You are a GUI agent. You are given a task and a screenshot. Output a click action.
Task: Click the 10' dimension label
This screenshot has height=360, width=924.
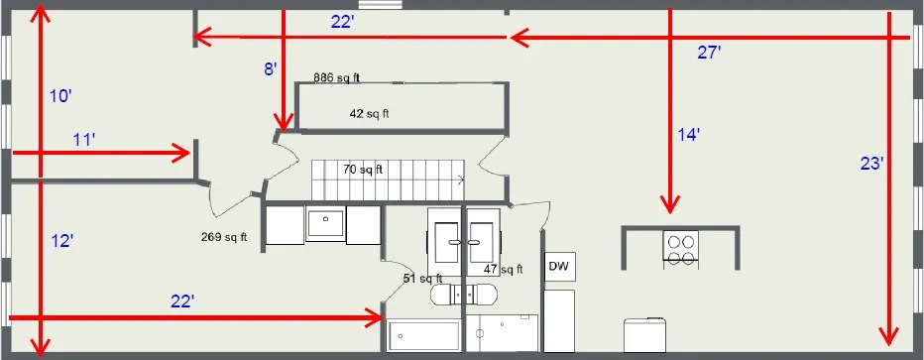point(60,96)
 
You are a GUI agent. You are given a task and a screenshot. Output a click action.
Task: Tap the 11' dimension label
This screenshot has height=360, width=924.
point(84,141)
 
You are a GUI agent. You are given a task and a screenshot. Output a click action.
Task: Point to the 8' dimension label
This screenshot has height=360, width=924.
point(269,68)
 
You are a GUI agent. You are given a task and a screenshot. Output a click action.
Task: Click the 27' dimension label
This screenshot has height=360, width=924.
point(708,53)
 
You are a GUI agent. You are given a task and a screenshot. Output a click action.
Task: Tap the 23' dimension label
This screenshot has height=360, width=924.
point(871,165)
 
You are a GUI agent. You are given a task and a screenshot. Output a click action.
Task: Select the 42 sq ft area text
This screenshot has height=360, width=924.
point(369,113)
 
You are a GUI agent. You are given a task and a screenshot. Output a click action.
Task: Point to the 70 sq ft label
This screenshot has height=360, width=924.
point(363,170)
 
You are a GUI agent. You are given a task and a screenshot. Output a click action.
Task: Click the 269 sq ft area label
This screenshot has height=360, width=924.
point(223,237)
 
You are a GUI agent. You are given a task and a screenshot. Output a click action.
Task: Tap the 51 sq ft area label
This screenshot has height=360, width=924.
point(422,279)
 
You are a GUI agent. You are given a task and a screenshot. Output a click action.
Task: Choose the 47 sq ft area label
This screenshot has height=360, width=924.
point(503,269)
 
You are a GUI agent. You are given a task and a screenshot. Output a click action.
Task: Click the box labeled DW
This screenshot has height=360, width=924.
point(559,266)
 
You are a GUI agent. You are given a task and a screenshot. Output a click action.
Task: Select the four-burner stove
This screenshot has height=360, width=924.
point(680,248)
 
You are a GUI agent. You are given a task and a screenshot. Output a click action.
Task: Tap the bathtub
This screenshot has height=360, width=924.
point(423,337)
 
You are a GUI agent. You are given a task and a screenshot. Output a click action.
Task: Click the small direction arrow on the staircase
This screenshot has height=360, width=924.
point(460,180)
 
